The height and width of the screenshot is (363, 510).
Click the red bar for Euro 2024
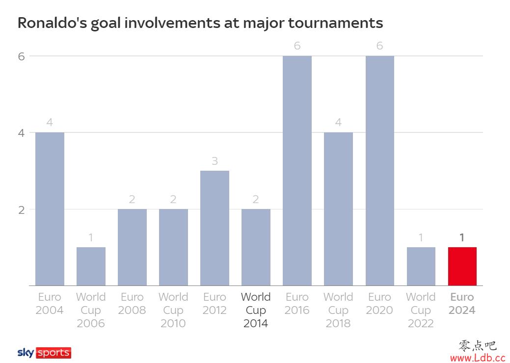[x=462, y=266]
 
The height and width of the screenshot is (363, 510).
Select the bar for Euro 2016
[x=297, y=171]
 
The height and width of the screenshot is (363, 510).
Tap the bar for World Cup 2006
[x=91, y=266]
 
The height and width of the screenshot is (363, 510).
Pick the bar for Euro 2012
[x=215, y=228]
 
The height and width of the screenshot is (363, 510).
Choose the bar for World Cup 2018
[x=338, y=209]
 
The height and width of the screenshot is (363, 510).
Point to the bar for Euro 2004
[x=50, y=209]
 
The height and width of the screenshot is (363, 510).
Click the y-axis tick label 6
[x=21, y=56]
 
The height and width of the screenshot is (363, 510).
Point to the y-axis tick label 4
[x=21, y=133]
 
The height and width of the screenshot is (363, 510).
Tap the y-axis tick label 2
[x=21, y=209]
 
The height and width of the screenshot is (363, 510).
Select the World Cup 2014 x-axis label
[x=256, y=310]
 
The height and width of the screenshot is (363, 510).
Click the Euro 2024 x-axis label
[x=462, y=304]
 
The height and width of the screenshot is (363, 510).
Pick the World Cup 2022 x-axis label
[x=421, y=310]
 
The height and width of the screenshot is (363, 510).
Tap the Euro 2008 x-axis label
[x=132, y=304]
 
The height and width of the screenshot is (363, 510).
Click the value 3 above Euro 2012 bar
[x=215, y=161]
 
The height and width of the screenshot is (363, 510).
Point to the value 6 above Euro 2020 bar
[x=379, y=46]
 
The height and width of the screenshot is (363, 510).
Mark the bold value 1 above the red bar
[x=462, y=238]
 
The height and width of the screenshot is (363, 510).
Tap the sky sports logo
[x=44, y=353]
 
